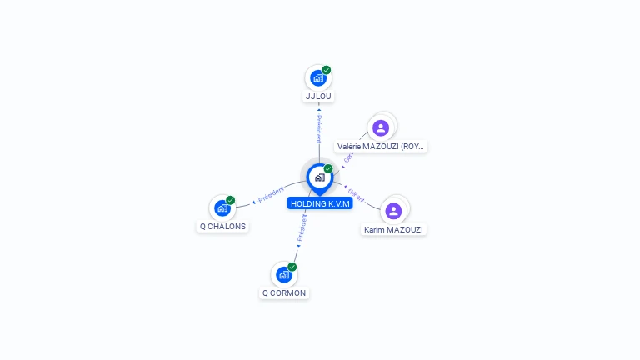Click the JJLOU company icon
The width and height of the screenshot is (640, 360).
pyautogui.click(x=317, y=78)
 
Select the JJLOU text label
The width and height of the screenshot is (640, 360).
pyautogui.click(x=318, y=97)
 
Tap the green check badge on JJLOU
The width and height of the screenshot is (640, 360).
pyautogui.click(x=327, y=70)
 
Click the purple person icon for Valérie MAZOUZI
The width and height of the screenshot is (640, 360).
pyautogui.click(x=381, y=127)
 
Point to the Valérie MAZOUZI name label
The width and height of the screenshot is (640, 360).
pyautogui.click(x=382, y=147)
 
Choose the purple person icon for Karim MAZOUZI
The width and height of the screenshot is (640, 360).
pyautogui.click(x=393, y=211)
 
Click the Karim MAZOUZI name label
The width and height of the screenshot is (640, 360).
pyautogui.click(x=394, y=229)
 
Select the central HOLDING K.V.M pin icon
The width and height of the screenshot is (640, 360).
pyautogui.click(x=319, y=177)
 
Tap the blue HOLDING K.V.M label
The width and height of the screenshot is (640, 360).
pyautogui.click(x=320, y=203)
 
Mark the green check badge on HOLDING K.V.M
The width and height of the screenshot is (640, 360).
pyautogui.click(x=328, y=168)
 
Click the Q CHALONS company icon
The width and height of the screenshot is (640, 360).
pyautogui.click(x=222, y=207)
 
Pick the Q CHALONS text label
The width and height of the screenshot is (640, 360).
pyautogui.click(x=222, y=226)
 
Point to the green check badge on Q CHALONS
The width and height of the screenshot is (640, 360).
pyautogui.click(x=231, y=200)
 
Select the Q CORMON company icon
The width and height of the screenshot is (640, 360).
pyautogui.click(x=283, y=274)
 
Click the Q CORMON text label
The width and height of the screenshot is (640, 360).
pyautogui.click(x=284, y=292)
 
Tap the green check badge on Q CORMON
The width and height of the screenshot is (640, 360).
pyautogui.click(x=292, y=267)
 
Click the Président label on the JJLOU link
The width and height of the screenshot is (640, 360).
pyautogui.click(x=318, y=128)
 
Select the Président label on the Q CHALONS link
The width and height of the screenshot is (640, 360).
pyautogui.click(x=271, y=195)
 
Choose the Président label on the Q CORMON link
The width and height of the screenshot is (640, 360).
pyautogui.click(x=302, y=229)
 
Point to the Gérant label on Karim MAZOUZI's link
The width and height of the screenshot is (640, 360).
pyautogui.click(x=357, y=196)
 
